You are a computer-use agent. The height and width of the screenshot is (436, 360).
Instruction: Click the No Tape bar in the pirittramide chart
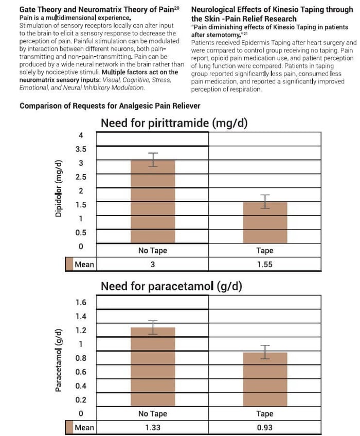click(x=153, y=202)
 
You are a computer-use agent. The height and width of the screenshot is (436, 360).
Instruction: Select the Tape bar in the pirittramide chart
click(x=265, y=222)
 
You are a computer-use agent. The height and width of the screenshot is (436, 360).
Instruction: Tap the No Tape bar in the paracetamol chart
click(x=153, y=367)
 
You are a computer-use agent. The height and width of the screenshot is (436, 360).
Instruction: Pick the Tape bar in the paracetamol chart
click(x=265, y=379)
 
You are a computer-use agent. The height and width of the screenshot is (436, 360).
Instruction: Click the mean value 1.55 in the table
click(x=265, y=264)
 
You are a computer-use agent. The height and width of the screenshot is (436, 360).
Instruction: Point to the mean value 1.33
click(x=153, y=427)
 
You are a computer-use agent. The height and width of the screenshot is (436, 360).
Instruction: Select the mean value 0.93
click(x=265, y=427)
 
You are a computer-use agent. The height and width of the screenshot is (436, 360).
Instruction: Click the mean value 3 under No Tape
click(x=153, y=264)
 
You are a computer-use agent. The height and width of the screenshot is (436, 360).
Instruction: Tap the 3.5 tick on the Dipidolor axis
click(x=81, y=149)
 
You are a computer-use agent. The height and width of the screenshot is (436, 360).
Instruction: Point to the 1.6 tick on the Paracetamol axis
click(x=81, y=302)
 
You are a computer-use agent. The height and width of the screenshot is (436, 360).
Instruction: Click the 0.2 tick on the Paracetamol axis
click(x=81, y=399)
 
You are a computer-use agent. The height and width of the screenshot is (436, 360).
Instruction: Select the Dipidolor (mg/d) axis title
click(x=58, y=188)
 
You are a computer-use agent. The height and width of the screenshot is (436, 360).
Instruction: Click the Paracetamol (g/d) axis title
click(x=58, y=360)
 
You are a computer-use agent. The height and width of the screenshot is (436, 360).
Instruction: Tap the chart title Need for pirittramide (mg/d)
click(x=174, y=123)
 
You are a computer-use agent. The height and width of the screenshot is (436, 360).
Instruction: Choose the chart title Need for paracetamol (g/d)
click(x=171, y=286)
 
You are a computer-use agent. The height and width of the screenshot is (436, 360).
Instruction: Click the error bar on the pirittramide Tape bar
click(x=265, y=202)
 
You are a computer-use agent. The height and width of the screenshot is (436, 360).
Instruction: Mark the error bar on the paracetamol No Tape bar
click(x=153, y=327)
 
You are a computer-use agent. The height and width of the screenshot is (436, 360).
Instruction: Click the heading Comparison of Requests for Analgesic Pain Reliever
click(x=110, y=106)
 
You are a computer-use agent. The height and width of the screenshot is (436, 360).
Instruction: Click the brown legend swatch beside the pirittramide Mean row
click(x=69, y=264)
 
